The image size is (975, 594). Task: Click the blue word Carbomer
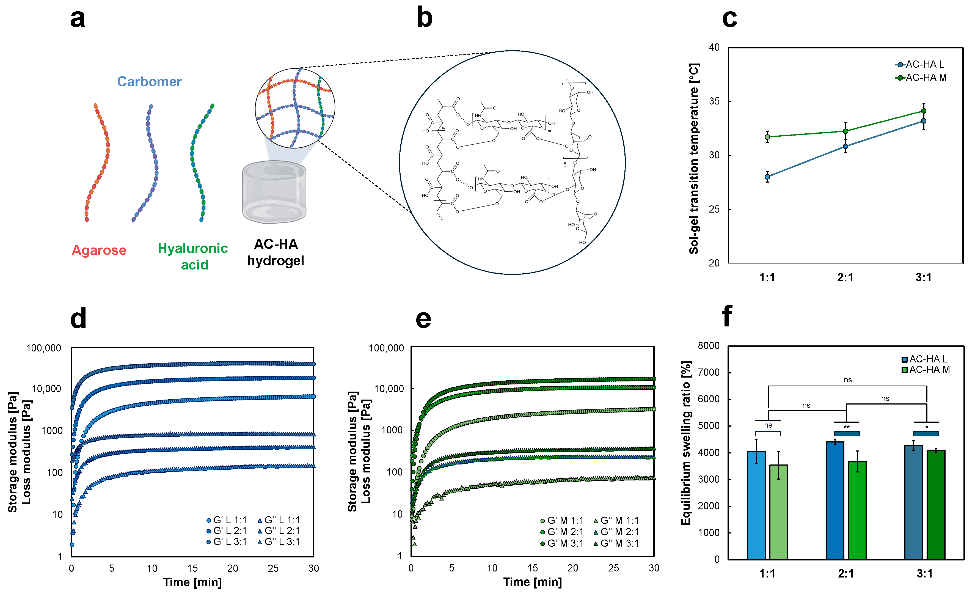(x=149, y=81)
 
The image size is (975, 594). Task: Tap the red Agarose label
(x=99, y=250)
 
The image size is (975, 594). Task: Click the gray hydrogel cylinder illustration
(x=274, y=192)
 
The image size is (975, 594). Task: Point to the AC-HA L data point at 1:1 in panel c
(x=767, y=177)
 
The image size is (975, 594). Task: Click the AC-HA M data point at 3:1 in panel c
(x=924, y=111)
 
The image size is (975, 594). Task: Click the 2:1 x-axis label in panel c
(x=845, y=277)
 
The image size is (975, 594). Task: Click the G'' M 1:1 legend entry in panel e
(x=616, y=520)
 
